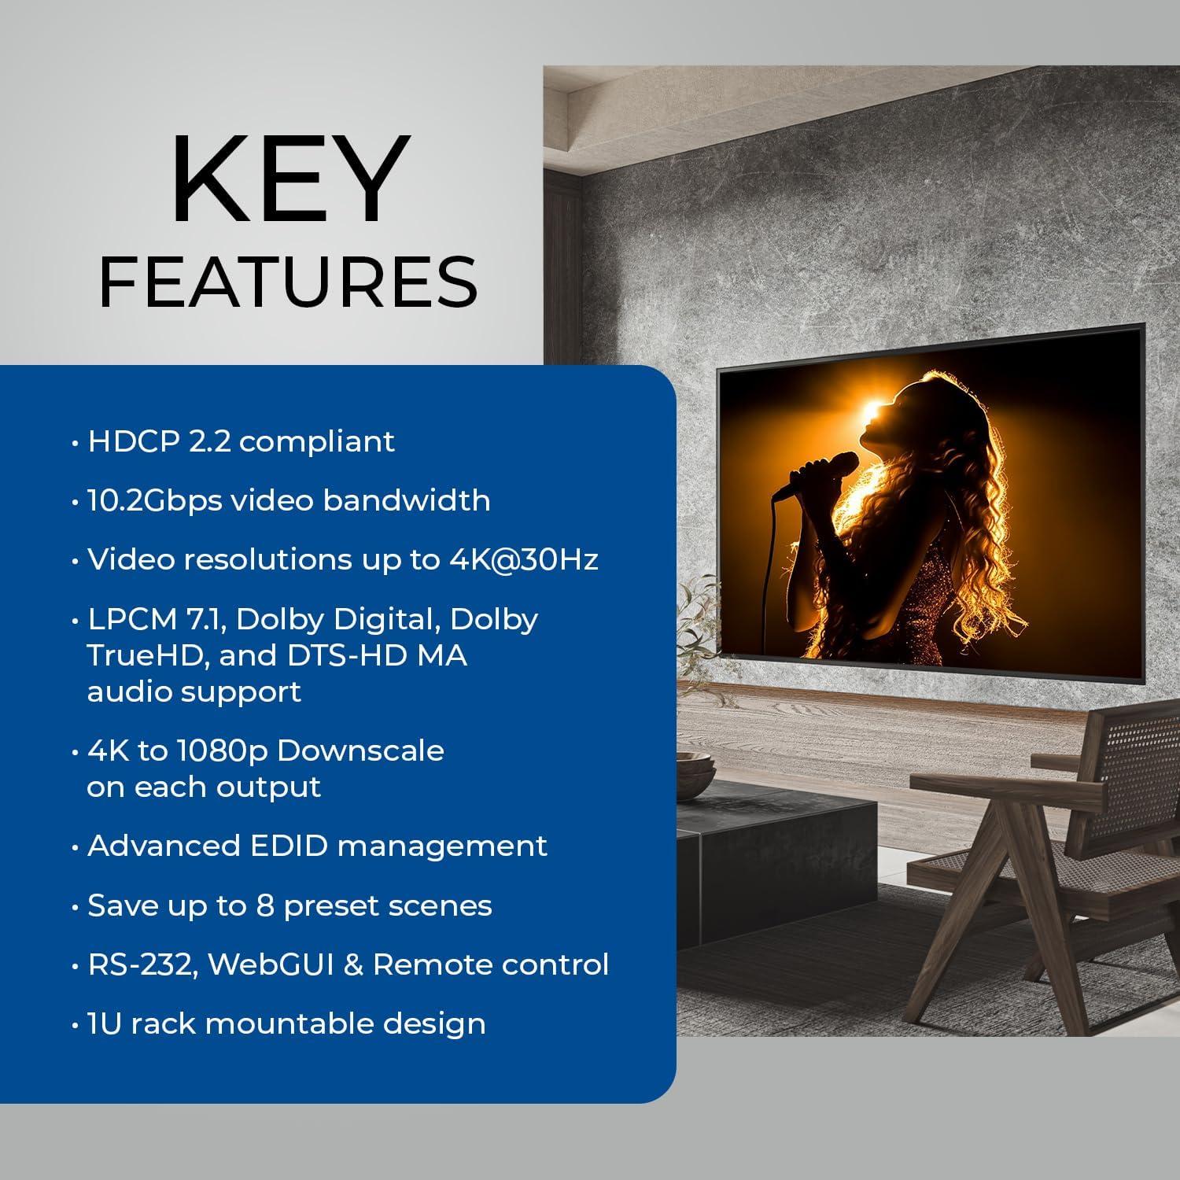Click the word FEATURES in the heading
tap(288, 282)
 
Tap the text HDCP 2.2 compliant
tap(241, 441)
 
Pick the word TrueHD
tap(143, 655)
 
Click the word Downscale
tap(360, 750)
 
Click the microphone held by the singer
tap(818, 472)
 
